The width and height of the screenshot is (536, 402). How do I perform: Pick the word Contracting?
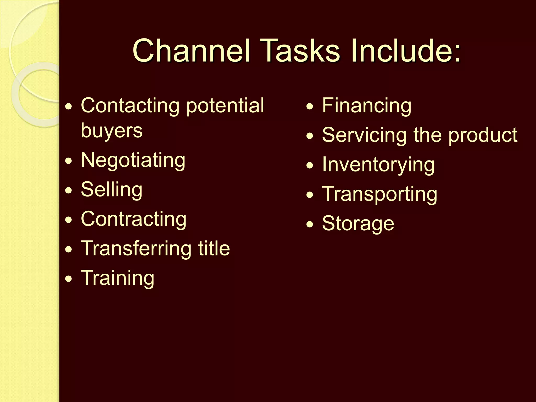(133, 219)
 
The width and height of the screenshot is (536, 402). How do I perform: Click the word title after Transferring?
(214, 248)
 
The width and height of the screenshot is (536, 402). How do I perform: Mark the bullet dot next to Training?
(69, 279)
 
